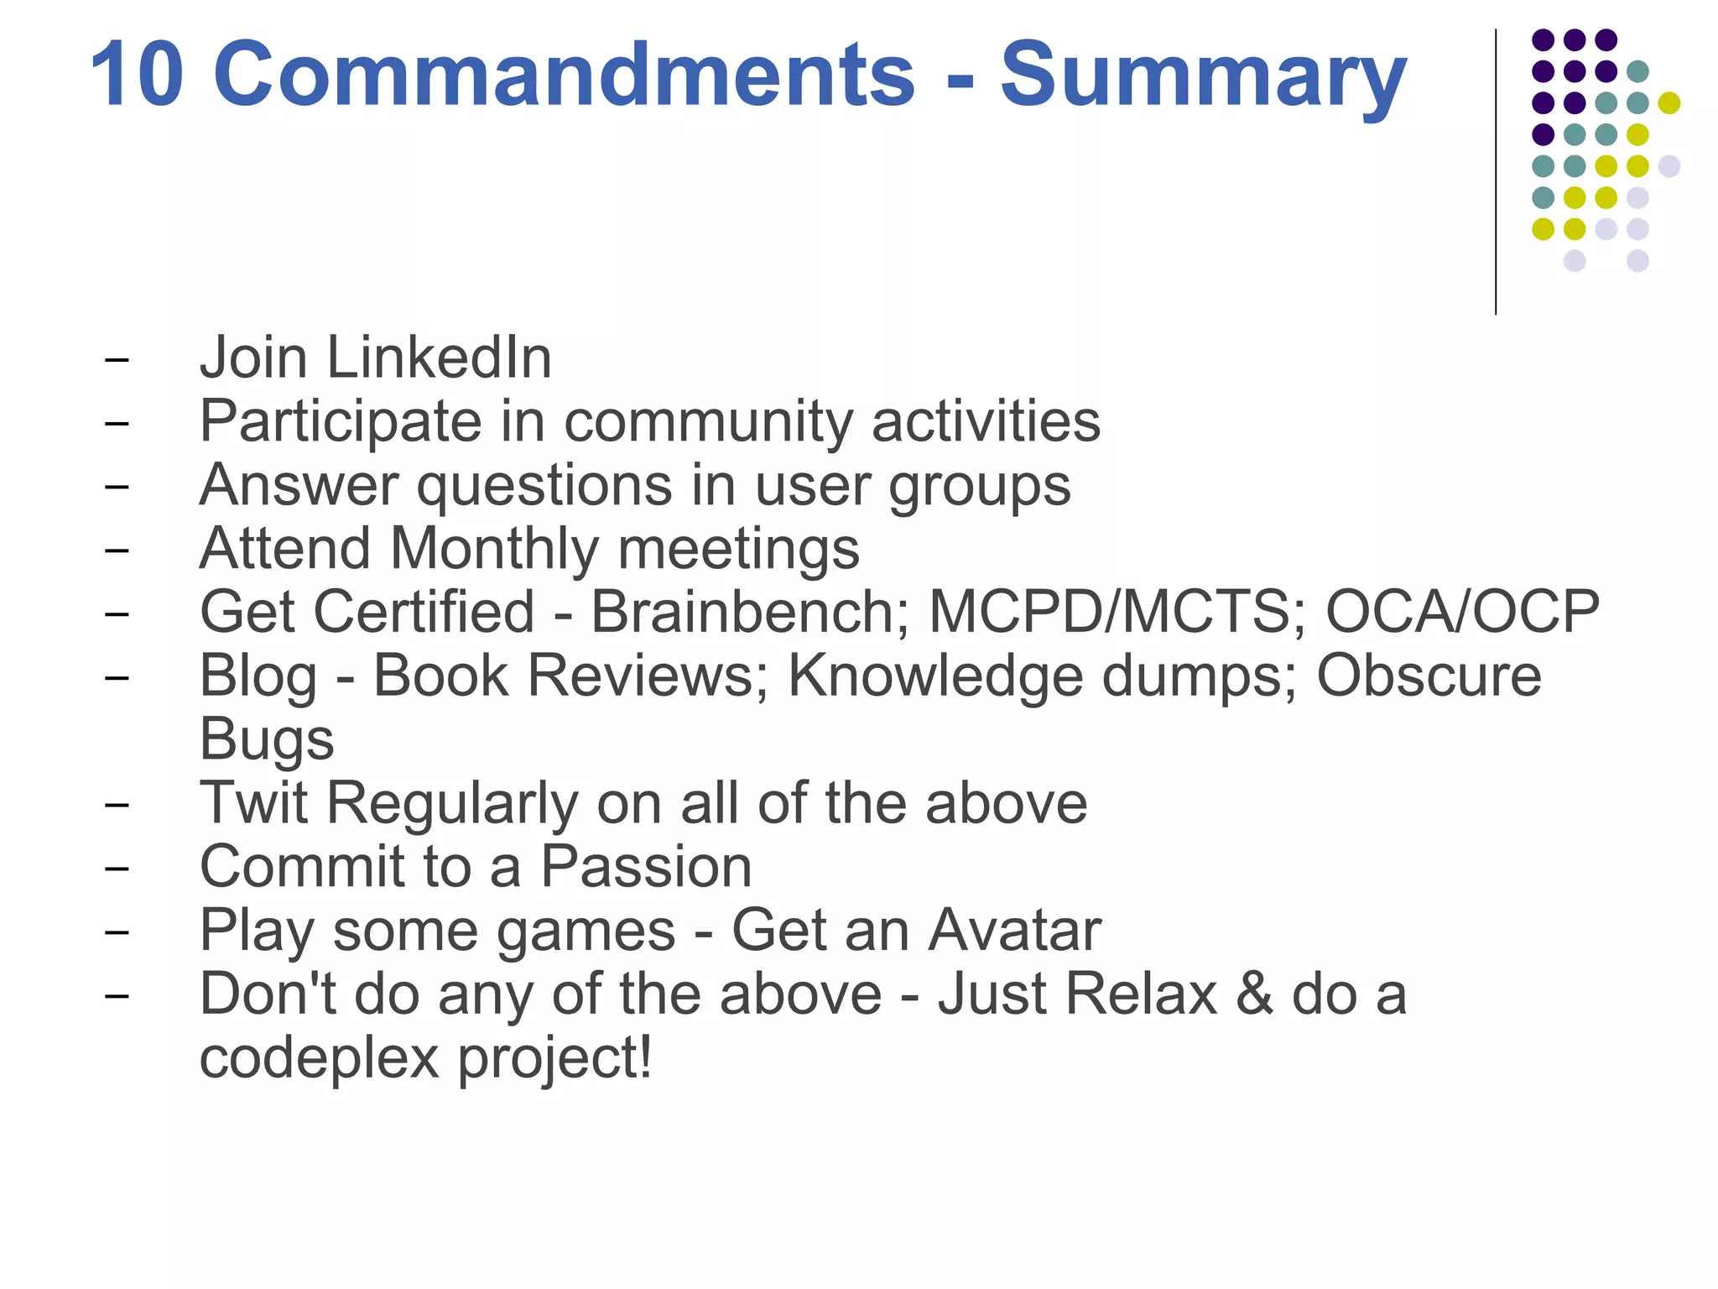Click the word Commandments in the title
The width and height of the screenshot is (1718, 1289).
coord(564,76)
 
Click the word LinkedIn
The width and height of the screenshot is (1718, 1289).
coord(439,357)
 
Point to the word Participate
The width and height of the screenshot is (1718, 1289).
coord(341,422)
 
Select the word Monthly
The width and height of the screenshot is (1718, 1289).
coord(495,549)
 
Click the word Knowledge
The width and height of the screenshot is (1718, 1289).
coord(935,676)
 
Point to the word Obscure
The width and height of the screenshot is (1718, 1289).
coord(1429,676)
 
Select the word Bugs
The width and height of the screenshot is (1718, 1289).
coord(267,740)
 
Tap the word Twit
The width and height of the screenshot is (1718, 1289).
coord(253,804)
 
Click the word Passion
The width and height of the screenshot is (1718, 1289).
coord(646,867)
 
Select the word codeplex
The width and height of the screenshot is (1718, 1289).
coord(320,1059)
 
